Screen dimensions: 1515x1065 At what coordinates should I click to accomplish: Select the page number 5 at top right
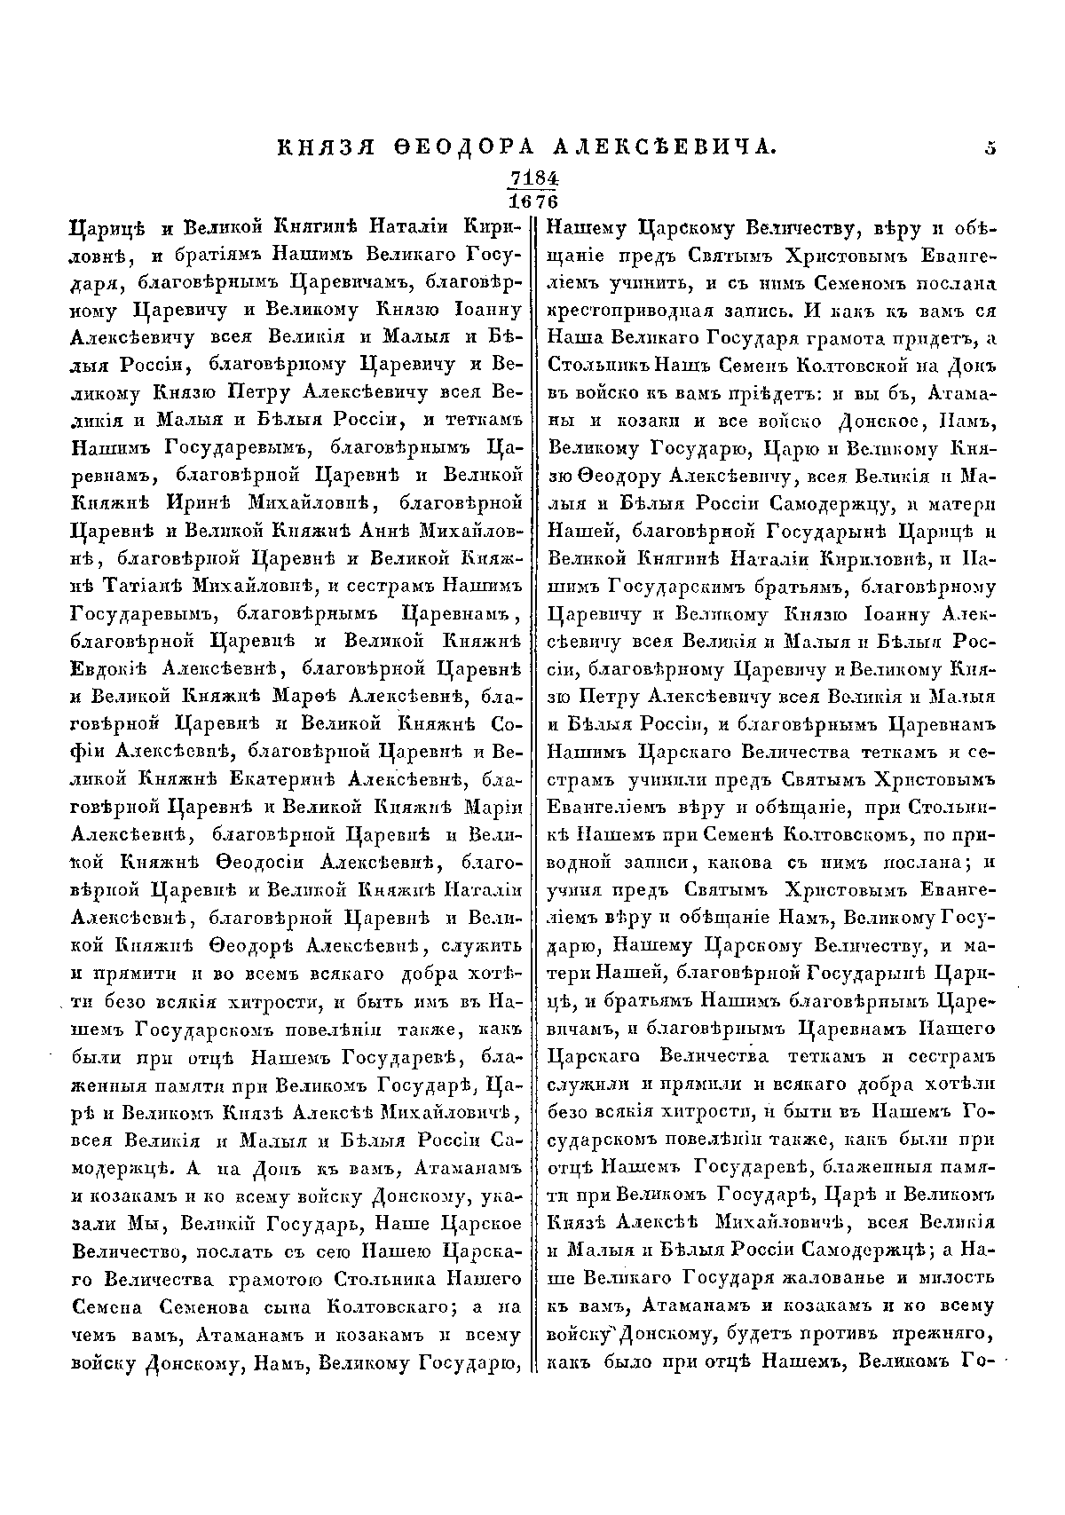(990, 148)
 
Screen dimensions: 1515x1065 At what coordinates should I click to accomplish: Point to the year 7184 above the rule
(532, 178)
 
